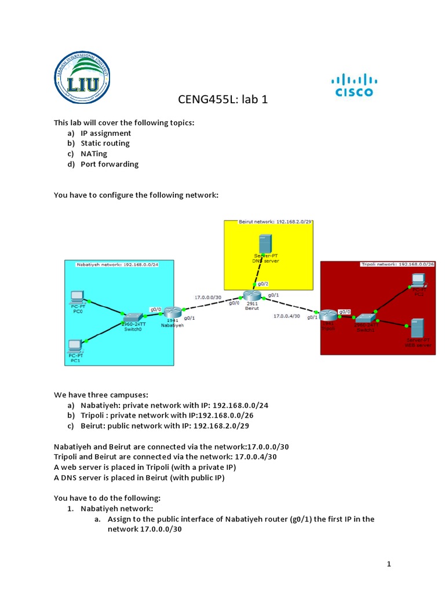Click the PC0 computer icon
[76, 298]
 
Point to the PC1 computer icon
[75, 346]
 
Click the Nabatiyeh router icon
[173, 312]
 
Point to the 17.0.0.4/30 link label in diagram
[286, 317]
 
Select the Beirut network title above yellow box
[275, 222]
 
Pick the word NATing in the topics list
[94, 154]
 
